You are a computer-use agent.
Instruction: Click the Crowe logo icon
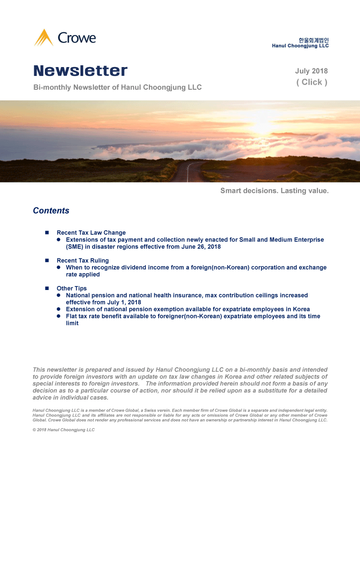click(x=44, y=38)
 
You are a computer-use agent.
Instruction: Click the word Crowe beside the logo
click(x=77, y=38)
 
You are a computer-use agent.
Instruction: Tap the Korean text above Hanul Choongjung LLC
click(x=313, y=40)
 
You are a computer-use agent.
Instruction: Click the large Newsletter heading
click(x=80, y=71)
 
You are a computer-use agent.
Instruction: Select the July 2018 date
click(x=311, y=71)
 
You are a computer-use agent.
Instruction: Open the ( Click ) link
click(x=312, y=82)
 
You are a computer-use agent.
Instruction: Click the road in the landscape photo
click(x=187, y=173)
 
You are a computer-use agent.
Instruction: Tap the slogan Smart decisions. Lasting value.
click(x=274, y=191)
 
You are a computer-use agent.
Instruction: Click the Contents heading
click(x=51, y=211)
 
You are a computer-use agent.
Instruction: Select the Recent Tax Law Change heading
click(x=91, y=233)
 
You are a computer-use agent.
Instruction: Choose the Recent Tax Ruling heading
click(x=83, y=261)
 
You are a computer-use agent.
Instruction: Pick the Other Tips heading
click(x=72, y=289)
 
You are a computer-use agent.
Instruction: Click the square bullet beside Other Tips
click(x=47, y=289)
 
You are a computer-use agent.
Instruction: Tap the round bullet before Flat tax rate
click(x=59, y=316)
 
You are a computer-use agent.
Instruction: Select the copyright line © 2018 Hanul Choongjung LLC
click(x=64, y=430)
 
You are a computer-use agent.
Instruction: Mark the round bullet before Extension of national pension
click(x=59, y=309)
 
